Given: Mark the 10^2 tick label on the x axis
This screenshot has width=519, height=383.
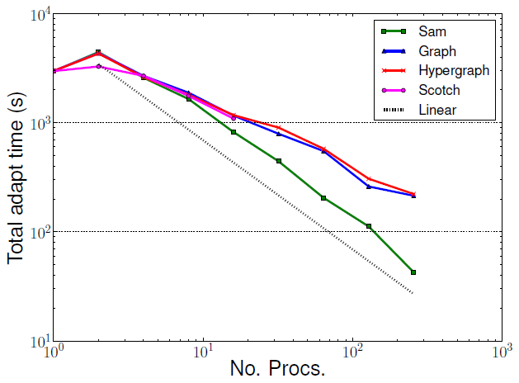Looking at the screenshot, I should pos(353,352).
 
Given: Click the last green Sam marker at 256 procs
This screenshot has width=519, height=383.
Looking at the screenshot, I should pos(413,272).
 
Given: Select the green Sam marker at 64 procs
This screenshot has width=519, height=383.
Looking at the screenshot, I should pos(323,198).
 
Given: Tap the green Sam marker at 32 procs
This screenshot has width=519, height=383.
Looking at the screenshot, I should pos(279,161).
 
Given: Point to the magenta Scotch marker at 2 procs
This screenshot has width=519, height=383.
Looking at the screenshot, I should pos(98,66).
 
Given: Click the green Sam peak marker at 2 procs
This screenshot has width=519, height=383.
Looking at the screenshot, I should pos(98,52).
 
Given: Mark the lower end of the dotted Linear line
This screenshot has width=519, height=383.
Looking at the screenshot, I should pos(413,293).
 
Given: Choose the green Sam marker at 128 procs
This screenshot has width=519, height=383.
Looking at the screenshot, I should pos(368,226).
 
